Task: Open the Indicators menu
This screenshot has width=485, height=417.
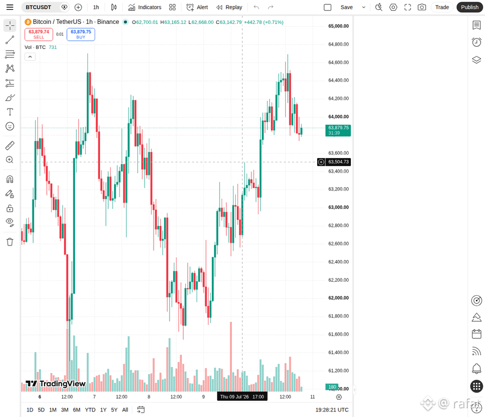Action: pos(145,7)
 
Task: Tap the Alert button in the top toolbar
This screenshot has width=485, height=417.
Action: pos(197,7)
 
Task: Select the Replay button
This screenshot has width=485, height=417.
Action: pos(229,7)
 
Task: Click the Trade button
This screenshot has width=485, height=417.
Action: pos(442,7)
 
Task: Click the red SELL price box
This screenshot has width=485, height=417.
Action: pos(39,34)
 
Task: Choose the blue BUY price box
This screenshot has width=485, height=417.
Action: pos(81,34)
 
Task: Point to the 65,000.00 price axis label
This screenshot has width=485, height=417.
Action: pos(338,26)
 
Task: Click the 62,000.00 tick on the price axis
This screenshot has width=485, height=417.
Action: pos(338,298)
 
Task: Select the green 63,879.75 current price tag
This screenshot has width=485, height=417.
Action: pos(338,130)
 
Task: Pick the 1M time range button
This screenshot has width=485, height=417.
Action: pos(53,409)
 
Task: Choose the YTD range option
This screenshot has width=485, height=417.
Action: pos(90,409)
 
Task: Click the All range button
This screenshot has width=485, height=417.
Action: pos(125,409)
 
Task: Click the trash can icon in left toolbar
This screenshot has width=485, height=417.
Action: pos(10,242)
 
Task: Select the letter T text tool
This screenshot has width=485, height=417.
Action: pos(10,112)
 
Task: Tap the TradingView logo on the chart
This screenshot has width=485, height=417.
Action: pos(55,384)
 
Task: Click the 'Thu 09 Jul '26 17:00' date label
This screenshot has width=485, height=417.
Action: pos(242,396)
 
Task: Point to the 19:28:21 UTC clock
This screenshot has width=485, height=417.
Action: pos(332,409)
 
